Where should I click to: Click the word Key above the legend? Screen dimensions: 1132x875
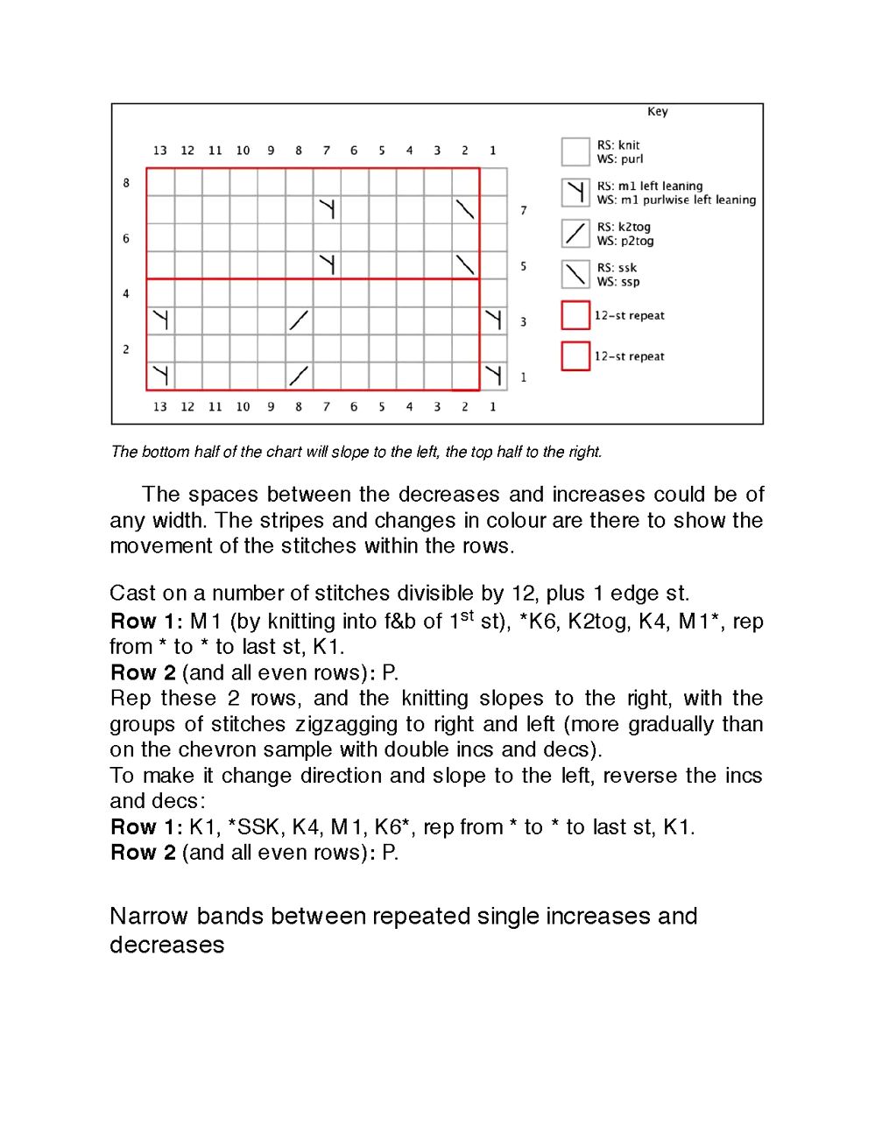(657, 111)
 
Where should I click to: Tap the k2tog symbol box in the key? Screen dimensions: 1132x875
(575, 234)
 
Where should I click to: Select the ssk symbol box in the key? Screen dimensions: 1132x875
(575, 274)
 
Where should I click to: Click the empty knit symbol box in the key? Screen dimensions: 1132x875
(575, 151)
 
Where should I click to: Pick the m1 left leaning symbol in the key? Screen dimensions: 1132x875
(575, 193)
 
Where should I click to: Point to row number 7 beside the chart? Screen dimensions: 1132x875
(524, 210)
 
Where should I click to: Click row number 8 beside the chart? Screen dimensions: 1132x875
(126, 183)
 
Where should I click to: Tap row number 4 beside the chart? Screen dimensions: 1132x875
(126, 293)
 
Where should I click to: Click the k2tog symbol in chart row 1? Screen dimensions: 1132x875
(299, 376)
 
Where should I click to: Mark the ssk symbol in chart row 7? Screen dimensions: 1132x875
(465, 209)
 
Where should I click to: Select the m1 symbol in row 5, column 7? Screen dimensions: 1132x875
(327, 264)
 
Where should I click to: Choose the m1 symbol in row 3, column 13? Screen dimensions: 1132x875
(160, 320)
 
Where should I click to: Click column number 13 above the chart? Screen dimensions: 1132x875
(159, 151)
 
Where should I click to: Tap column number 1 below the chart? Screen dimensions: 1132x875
(492, 406)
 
